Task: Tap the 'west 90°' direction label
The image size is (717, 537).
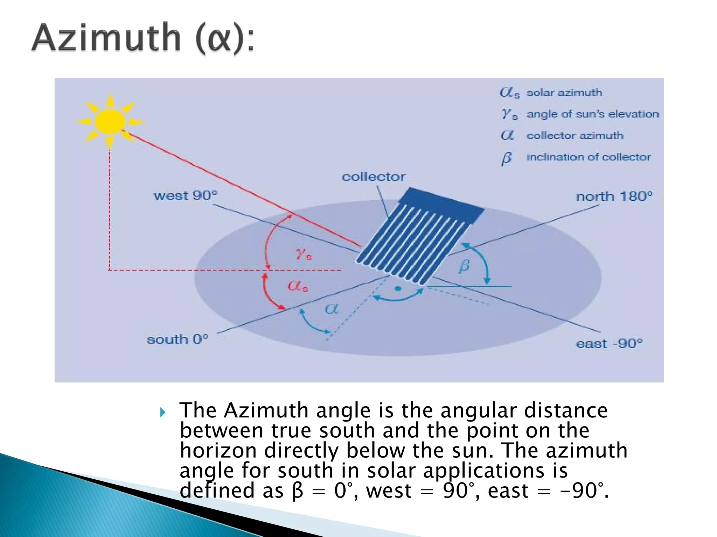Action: [x=185, y=195]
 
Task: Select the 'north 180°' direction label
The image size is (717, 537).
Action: [x=614, y=196]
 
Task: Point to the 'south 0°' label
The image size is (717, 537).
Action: [x=177, y=339]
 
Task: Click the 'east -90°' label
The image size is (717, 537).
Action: [x=609, y=344]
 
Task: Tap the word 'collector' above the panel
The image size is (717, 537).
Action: [x=374, y=177]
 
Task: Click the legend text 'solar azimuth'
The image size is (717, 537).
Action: [x=564, y=93]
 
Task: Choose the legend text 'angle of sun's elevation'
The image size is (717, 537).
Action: [x=592, y=114]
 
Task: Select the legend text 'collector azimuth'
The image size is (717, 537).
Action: [x=575, y=136]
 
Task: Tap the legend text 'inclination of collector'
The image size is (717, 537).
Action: [x=589, y=157]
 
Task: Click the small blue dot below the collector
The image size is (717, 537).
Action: [x=398, y=288]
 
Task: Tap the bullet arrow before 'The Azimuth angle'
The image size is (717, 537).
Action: [x=162, y=413]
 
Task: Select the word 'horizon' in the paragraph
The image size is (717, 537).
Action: [x=218, y=450]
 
